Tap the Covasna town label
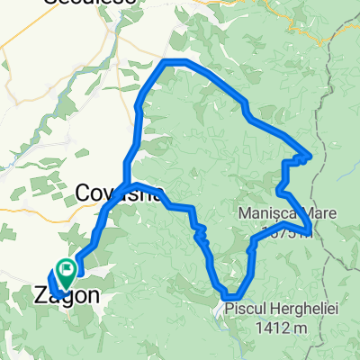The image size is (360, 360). (117, 193)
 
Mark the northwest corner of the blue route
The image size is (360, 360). (165, 62)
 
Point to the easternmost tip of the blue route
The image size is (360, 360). (310, 155)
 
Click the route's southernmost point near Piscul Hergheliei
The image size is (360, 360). (230, 295)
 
